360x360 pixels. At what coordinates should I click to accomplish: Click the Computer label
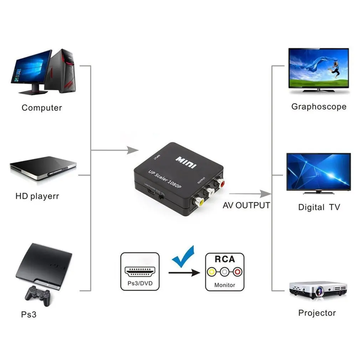coord(42,108)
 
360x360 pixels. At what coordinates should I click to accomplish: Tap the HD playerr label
coord(37,196)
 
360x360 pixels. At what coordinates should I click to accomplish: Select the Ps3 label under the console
coord(29,315)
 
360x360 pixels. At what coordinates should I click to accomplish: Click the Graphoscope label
coord(319,107)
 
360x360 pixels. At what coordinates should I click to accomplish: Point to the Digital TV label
coord(319,207)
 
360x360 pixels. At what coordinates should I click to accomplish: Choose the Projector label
coord(317,313)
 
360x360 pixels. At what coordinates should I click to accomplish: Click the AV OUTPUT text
coord(246,205)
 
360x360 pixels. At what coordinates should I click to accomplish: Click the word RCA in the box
coord(225,259)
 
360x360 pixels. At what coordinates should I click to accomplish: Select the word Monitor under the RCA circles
coord(225,285)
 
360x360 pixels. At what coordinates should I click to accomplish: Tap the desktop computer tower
coord(62,71)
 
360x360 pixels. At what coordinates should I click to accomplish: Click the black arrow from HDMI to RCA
coord(184,273)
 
